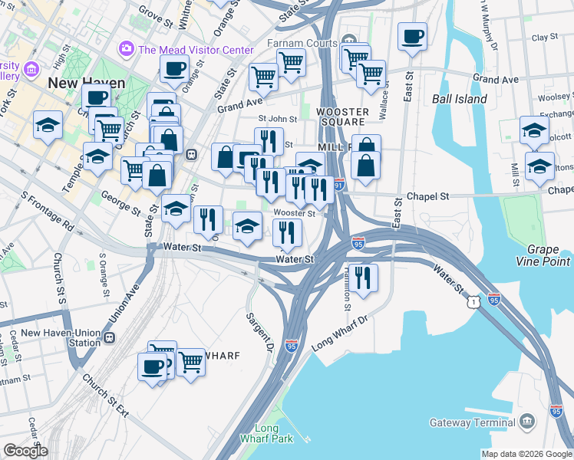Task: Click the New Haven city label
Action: (79, 81)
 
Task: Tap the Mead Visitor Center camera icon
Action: (127, 49)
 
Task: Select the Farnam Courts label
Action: (301, 43)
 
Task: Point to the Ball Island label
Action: (459, 99)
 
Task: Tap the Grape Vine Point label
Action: (548, 256)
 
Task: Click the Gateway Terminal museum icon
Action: (527, 422)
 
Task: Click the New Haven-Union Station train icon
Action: (109, 337)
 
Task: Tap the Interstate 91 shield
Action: (339, 186)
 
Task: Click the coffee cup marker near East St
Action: (412, 35)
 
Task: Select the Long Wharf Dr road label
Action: (340, 331)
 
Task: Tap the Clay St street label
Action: (544, 37)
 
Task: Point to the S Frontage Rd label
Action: (47, 214)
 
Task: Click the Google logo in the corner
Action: (25, 451)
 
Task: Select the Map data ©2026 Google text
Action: (526, 454)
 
